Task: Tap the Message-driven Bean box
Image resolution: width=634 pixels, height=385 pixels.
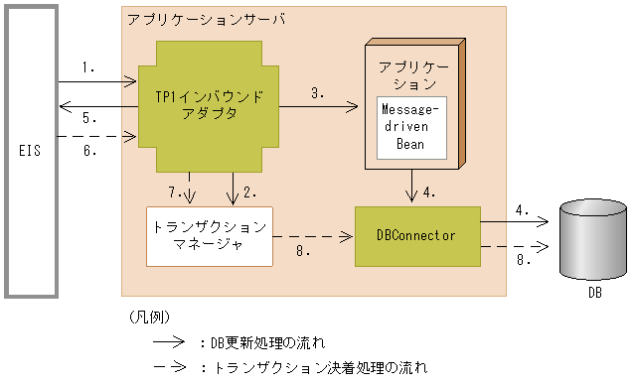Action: point(410,125)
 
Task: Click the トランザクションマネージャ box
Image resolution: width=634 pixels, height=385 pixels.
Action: point(209,236)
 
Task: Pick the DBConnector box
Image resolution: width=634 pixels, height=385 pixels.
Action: point(417,236)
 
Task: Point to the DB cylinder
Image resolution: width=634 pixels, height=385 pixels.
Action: point(593,240)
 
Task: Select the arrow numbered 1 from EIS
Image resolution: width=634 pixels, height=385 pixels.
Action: point(96,80)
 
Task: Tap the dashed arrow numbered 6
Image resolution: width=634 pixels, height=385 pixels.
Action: point(96,137)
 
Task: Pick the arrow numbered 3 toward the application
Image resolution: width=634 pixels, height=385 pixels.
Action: point(317,104)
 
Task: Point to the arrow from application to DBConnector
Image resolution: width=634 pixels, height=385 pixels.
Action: point(410,188)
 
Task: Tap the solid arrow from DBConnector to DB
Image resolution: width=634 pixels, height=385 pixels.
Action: point(516,221)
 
